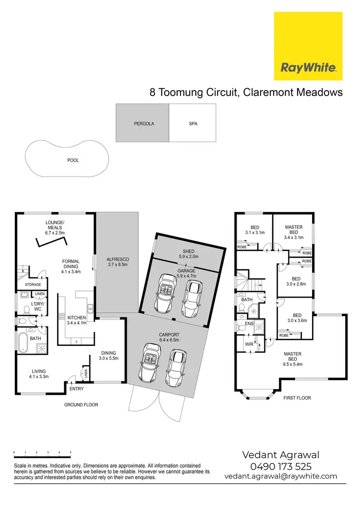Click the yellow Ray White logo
coord(308,47)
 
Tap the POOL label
coord(73,161)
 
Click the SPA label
coord(193,124)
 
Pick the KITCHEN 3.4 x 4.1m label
coord(77,320)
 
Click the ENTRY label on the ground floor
coord(77,389)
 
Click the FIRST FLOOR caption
coord(298,398)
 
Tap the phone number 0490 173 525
coord(280,466)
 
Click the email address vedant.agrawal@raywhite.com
coord(280,476)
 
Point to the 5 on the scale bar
coord(71,452)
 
